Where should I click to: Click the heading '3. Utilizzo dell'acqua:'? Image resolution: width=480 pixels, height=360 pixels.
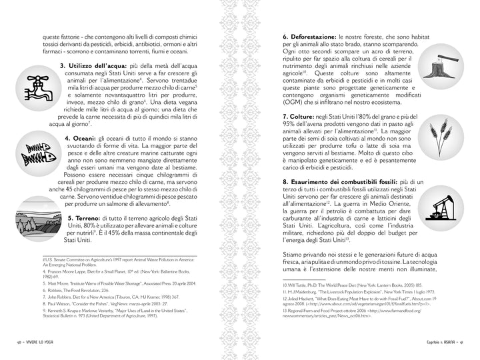coord(90,66)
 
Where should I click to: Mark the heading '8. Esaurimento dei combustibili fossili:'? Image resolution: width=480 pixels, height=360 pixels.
coord(339,181)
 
